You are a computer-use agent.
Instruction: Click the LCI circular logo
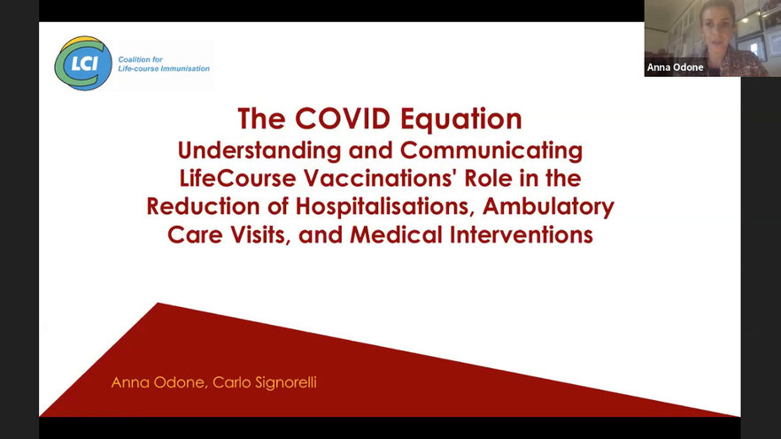(83, 63)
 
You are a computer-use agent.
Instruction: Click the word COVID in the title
(343, 119)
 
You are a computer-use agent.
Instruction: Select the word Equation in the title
(461, 119)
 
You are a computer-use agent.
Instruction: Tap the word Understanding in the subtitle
(259, 150)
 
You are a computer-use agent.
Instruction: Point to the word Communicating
(491, 150)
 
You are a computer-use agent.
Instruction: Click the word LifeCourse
(238, 178)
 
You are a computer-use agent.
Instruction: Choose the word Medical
(396, 235)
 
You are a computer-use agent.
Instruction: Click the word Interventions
(522, 235)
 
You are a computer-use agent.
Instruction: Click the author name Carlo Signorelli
(265, 382)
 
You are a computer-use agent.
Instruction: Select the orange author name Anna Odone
(158, 382)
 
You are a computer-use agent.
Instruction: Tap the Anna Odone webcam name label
(675, 67)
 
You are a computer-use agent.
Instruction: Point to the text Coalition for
(140, 59)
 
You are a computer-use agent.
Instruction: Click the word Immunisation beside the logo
(185, 69)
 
